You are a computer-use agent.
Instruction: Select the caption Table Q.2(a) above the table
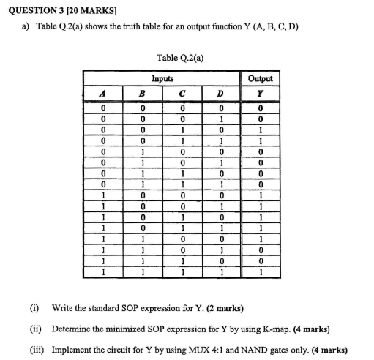pyautogui.click(x=179, y=57)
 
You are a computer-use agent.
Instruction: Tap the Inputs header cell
pyautogui.click(x=162, y=78)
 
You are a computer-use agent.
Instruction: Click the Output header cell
pyautogui.click(x=261, y=78)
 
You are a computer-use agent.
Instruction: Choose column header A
pyautogui.click(x=105, y=93)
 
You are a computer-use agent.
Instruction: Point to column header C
pyautogui.click(x=182, y=93)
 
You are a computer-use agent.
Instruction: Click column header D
pyautogui.click(x=220, y=93)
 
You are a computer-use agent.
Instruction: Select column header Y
pyautogui.click(x=261, y=93)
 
